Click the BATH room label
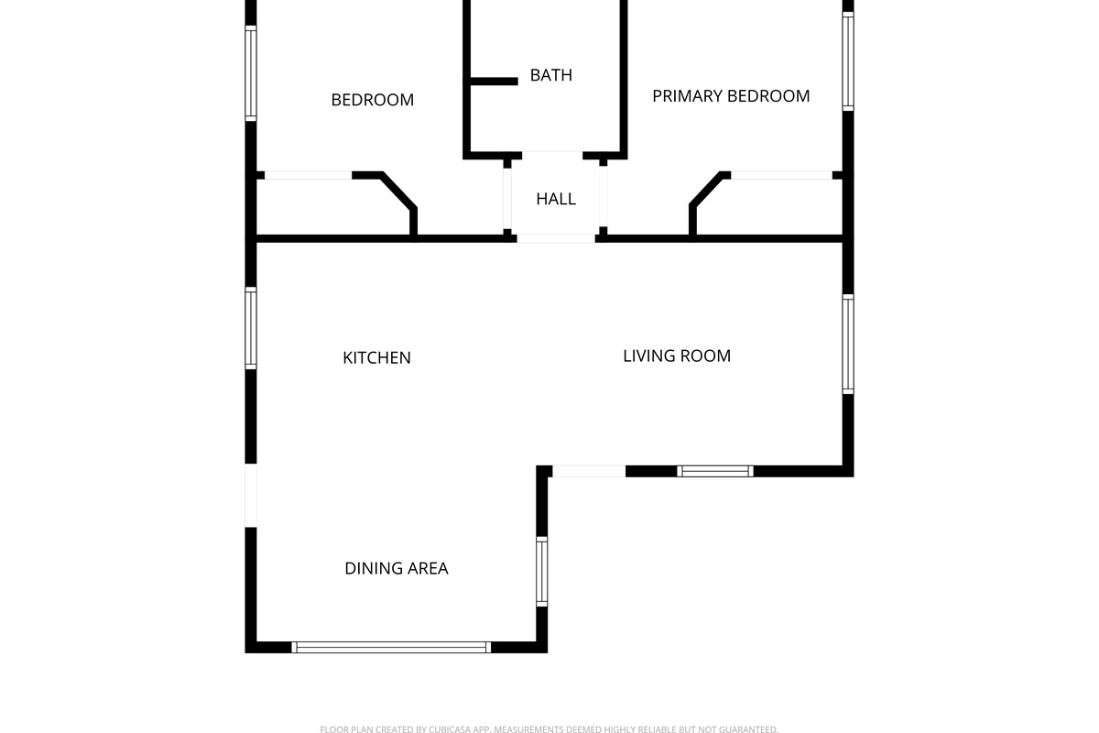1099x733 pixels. [x=550, y=75]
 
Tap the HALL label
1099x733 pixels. [x=556, y=199]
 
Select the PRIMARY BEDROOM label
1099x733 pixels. [x=731, y=96]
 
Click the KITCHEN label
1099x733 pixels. [x=376, y=357]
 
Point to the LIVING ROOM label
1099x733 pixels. [x=677, y=356]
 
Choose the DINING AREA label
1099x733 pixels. [x=397, y=568]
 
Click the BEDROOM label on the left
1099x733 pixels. [x=372, y=100]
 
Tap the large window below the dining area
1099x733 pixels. [x=391, y=647]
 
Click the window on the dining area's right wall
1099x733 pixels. [x=541, y=571]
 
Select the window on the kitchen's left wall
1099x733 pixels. [x=250, y=328]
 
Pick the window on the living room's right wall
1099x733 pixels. [x=848, y=344]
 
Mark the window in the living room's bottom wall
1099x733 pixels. [x=715, y=471]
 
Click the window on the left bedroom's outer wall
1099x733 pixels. [x=250, y=72]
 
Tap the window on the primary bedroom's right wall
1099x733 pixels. [x=848, y=60]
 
